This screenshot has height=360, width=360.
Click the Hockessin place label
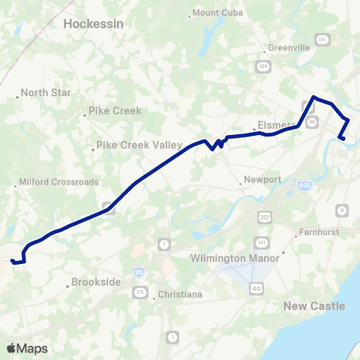(x=93, y=24)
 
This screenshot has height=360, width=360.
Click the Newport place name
(x=262, y=180)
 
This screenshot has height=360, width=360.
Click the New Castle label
(x=314, y=306)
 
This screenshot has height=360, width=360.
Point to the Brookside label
(x=96, y=283)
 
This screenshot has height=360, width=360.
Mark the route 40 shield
(x=257, y=287)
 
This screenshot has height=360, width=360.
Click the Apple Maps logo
(x=26, y=348)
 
